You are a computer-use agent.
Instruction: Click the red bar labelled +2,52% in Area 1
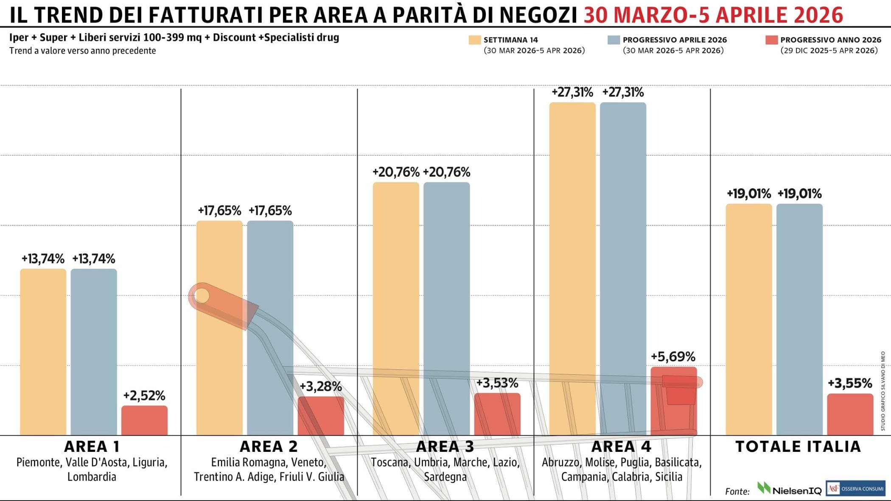coord(144,420)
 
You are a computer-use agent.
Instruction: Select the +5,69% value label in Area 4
coord(673,356)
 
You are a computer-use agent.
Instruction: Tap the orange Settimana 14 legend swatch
coord(474,40)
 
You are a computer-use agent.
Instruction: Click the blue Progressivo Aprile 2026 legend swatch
coord(614,40)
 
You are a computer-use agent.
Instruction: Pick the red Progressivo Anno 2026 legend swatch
coord(771,40)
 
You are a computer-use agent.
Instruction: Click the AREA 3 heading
coord(445,446)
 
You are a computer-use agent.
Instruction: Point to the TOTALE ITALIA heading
coord(798,446)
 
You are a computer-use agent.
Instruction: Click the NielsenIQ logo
coord(789,489)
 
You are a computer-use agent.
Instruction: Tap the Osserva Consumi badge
coord(855,488)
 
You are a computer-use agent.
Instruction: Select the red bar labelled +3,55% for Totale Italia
coord(850,414)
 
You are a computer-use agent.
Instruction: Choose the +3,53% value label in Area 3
coord(497,383)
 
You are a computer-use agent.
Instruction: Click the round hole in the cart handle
coord(202,295)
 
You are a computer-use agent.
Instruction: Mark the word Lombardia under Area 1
coord(92,477)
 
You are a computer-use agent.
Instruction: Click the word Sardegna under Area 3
coord(445,477)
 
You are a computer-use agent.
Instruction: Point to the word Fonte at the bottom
coord(737,491)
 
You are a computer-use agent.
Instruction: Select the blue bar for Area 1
coord(94,352)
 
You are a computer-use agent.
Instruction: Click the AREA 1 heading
coord(92,446)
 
